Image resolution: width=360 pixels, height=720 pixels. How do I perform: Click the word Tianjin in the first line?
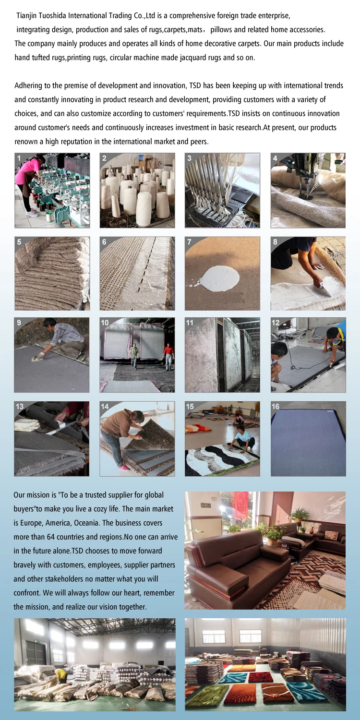[27, 16]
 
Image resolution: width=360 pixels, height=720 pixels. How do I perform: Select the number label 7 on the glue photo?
[189, 242]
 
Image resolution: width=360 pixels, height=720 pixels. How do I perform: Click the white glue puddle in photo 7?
[220, 278]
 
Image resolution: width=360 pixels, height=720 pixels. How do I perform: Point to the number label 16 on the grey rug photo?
[276, 407]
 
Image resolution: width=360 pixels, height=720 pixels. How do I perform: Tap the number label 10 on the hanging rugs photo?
[105, 323]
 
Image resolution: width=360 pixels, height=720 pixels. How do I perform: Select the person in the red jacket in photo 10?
[168, 357]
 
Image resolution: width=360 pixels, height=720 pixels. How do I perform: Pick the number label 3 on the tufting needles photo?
[189, 158]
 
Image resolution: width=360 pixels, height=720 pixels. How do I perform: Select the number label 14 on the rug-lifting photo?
[105, 407]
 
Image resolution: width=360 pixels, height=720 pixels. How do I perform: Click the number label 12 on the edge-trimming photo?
[276, 323]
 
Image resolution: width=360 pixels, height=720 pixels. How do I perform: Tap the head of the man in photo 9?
[49, 323]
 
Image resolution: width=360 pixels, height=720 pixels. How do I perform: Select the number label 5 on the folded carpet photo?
[19, 242]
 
